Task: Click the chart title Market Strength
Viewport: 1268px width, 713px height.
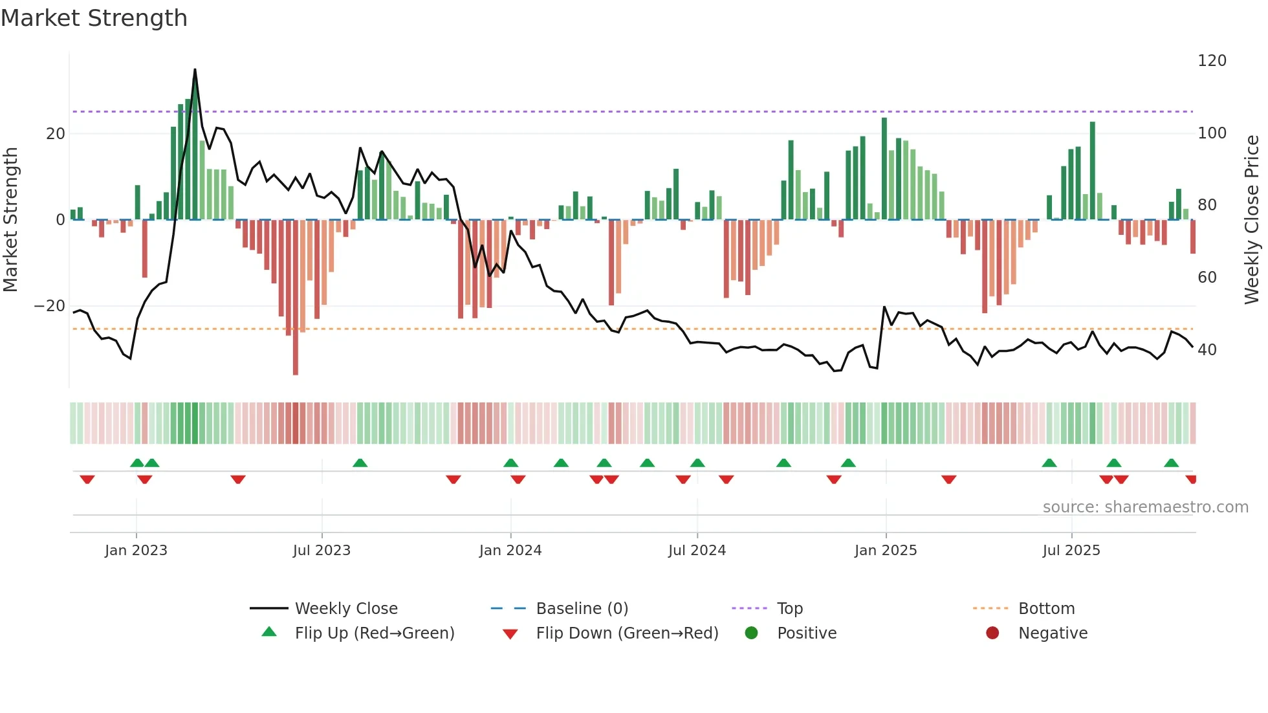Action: point(94,18)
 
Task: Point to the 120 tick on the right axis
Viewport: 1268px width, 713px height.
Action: point(1211,61)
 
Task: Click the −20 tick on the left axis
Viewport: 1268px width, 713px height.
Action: point(50,306)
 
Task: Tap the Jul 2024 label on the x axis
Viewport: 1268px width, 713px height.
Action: point(697,551)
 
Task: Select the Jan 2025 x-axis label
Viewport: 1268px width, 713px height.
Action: point(885,551)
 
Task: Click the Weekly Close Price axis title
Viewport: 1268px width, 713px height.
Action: point(1252,220)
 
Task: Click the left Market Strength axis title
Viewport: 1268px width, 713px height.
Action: point(10,220)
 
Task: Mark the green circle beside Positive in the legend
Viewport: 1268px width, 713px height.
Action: point(751,633)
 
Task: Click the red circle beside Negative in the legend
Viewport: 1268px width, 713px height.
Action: point(992,633)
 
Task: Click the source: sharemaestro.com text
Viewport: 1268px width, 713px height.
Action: point(1145,507)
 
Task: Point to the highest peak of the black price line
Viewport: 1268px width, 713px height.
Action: point(195,70)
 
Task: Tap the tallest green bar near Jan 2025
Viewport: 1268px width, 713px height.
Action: point(884,168)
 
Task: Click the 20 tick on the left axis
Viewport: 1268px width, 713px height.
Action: point(56,134)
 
